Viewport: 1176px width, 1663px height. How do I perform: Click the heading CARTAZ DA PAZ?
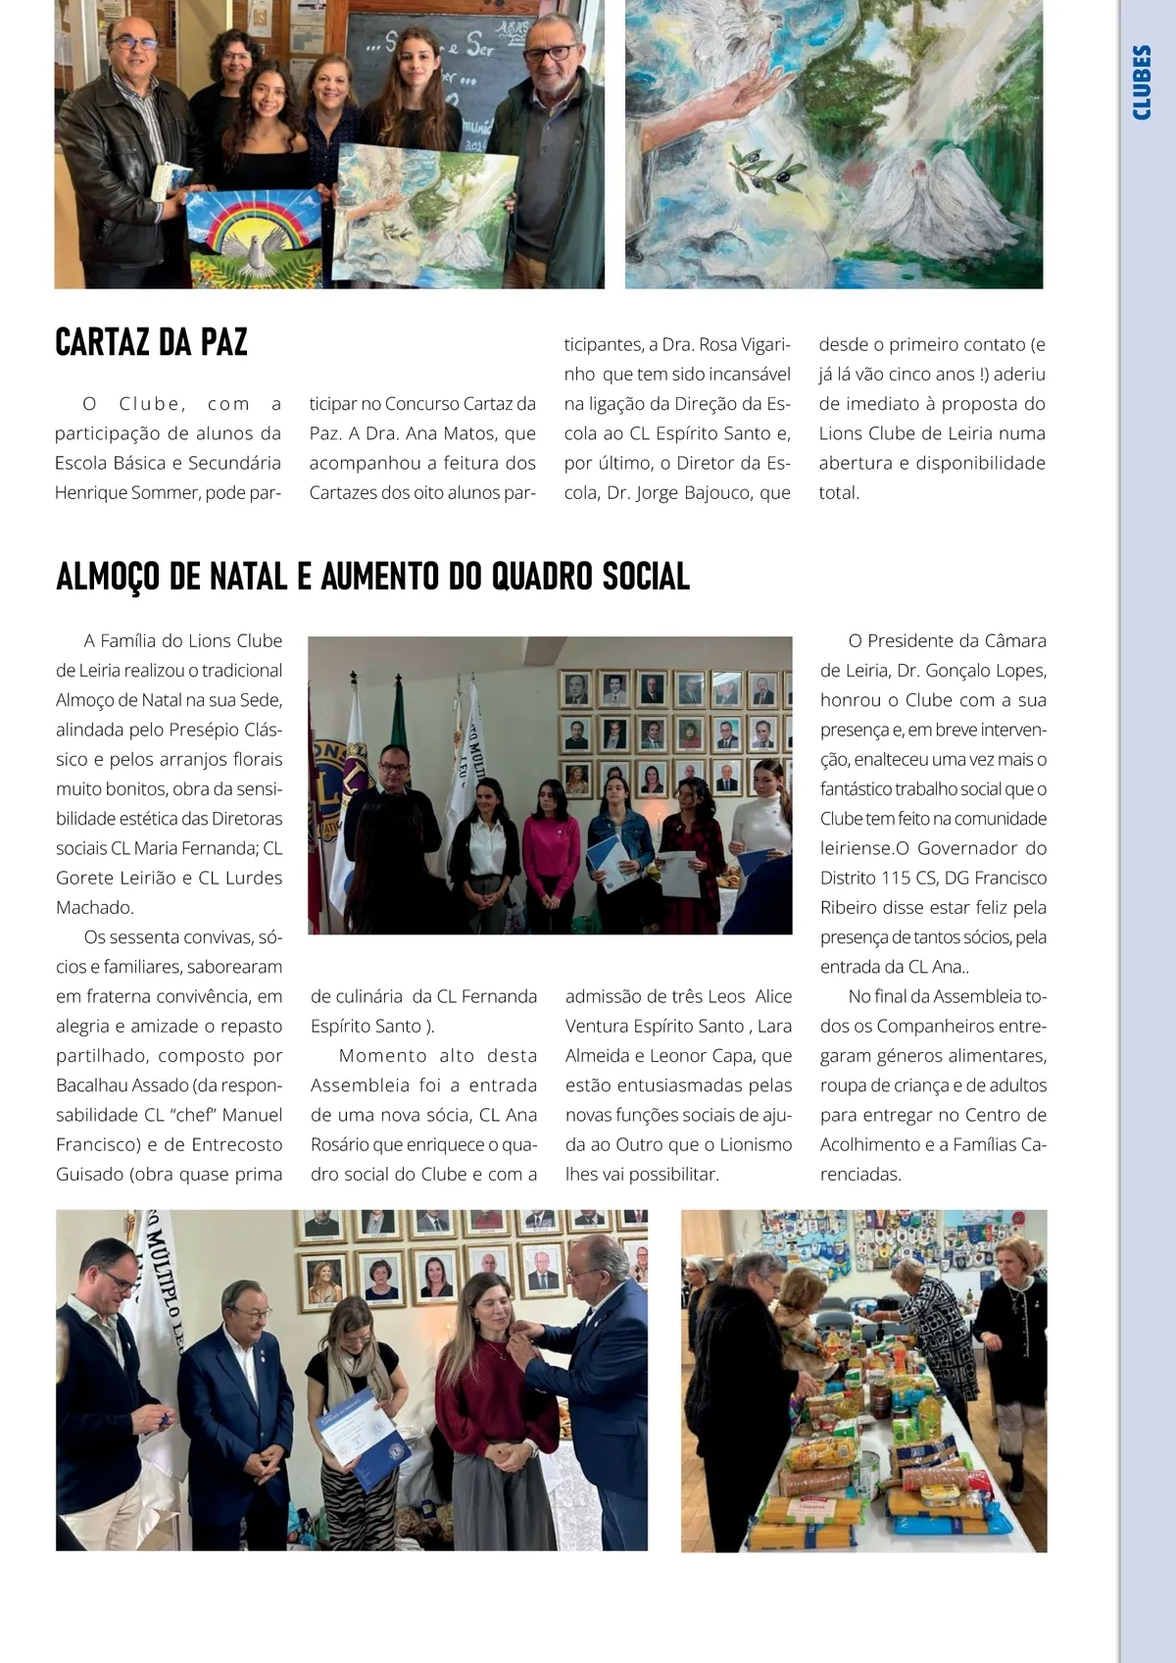152,343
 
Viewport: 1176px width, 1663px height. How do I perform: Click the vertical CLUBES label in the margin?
1142,82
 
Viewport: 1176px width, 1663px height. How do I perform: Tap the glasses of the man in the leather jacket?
135,44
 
